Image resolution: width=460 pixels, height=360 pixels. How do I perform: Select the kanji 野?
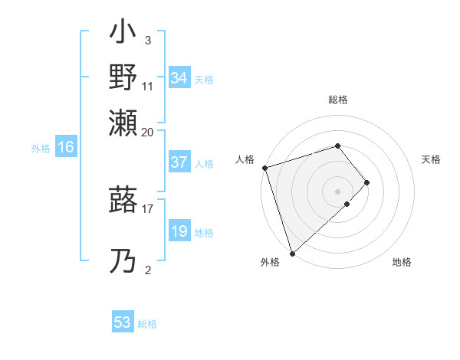point(123,79)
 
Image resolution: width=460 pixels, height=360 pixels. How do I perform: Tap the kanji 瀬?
point(123,123)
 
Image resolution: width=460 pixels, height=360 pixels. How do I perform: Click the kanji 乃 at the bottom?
point(123,262)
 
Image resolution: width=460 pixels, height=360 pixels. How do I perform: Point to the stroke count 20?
point(148,132)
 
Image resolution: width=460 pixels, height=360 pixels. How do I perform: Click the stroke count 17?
point(148,208)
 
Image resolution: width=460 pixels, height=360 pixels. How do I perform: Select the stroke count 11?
point(148,87)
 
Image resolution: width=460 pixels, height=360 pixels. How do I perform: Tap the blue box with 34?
point(179,78)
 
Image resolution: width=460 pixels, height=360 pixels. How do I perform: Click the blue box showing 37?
point(179,162)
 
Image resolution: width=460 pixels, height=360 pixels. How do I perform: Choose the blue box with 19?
point(179,231)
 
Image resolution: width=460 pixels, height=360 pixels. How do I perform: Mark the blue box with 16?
point(65,148)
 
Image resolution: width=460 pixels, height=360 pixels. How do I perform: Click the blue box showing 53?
point(123,322)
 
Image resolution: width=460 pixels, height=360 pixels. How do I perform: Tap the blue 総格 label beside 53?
point(147,324)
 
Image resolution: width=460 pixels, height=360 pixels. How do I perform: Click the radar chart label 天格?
point(431,159)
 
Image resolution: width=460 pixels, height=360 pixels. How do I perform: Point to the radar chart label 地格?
point(402,263)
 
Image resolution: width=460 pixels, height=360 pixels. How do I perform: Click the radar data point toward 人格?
point(264,167)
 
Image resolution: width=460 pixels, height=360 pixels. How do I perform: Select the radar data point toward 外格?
point(292,252)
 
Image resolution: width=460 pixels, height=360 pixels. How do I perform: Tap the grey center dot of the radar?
point(337,190)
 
